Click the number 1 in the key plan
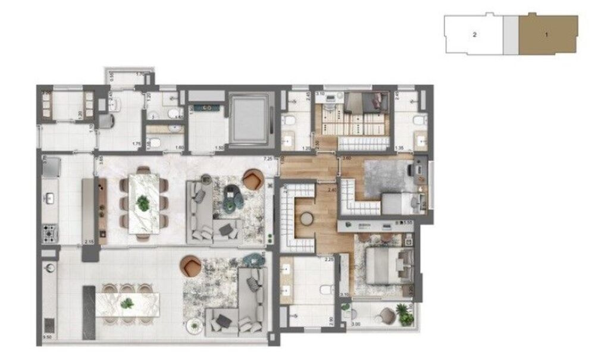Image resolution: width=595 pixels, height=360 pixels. tap(546, 35)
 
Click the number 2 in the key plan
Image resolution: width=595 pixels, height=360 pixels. tap(474, 35)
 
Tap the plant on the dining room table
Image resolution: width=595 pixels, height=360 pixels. tap(143, 203)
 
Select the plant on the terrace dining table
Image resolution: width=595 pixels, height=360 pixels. tap(126, 304)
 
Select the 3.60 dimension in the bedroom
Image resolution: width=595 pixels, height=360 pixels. tap(347, 159)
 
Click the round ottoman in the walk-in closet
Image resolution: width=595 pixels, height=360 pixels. tap(308, 219)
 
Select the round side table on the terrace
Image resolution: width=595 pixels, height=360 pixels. tap(193, 325)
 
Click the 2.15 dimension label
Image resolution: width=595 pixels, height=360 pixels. tap(90, 242)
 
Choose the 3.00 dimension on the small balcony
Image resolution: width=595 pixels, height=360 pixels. tap(356, 325)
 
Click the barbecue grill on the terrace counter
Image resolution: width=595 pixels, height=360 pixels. tap(49, 324)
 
